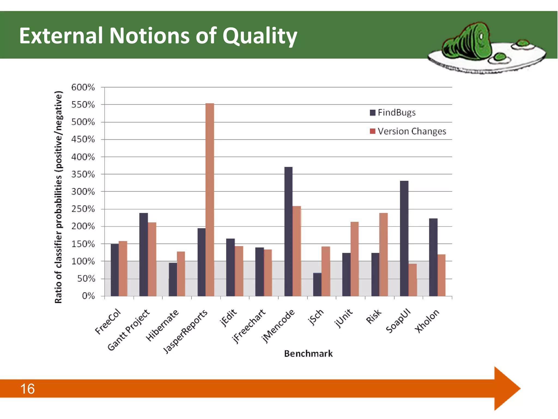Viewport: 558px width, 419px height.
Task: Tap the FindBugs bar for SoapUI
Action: click(x=404, y=238)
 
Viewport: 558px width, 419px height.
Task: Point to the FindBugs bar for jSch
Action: click(x=317, y=284)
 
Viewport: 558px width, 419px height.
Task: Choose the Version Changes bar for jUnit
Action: click(x=354, y=259)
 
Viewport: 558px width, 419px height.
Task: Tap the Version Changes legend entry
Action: click(x=408, y=131)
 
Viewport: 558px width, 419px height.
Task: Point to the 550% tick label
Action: click(x=83, y=105)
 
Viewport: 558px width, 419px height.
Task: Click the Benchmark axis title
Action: click(x=308, y=354)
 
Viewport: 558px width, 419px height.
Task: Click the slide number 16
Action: click(x=28, y=389)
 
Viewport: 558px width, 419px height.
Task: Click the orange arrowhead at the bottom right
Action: click(x=507, y=388)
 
